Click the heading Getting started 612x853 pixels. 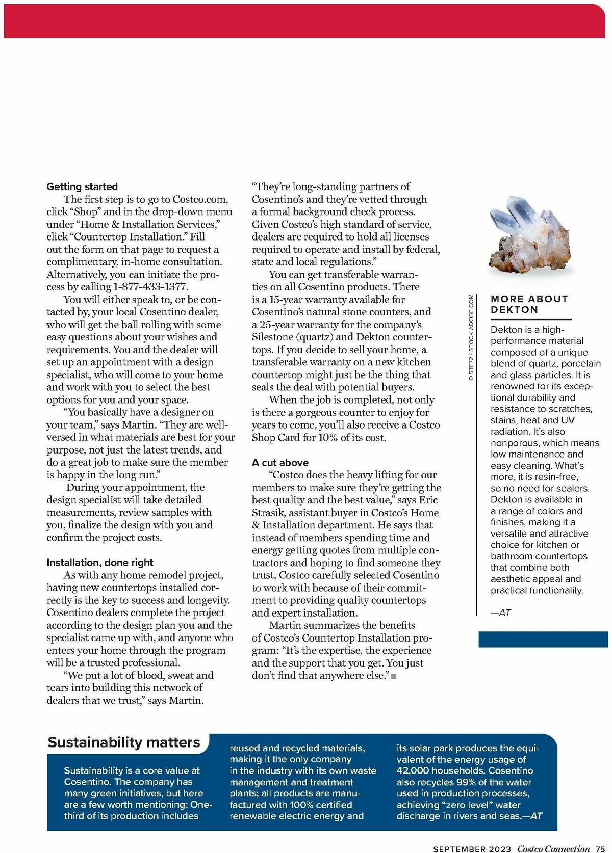[x=82, y=187]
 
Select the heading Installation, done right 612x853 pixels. [x=100, y=563]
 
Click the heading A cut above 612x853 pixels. [x=280, y=463]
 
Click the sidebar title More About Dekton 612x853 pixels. [x=529, y=304]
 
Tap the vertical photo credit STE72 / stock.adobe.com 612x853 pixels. [x=471, y=337]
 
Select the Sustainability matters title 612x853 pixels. [x=124, y=742]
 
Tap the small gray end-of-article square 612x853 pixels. [x=394, y=676]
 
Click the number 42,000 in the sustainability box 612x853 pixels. [x=415, y=771]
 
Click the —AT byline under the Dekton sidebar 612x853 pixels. [x=501, y=613]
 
